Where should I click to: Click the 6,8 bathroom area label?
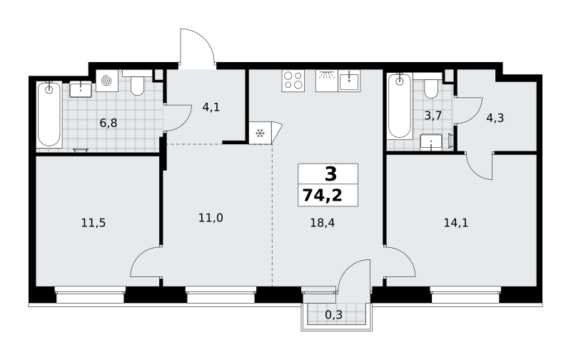point(108,123)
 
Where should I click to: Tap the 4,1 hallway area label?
point(211,107)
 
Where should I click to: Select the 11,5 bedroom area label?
point(94,223)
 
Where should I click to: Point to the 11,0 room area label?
point(211,218)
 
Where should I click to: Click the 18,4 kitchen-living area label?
point(323,223)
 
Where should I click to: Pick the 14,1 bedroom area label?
point(456,223)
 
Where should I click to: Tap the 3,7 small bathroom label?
point(433,116)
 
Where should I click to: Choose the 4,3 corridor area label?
point(495,118)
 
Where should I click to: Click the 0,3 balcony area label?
point(333,314)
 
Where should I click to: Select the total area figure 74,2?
point(323,196)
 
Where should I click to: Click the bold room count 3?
point(330,174)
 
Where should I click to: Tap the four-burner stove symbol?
point(293,81)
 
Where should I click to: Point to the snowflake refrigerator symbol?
point(260,133)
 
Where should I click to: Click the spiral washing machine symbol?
point(107,81)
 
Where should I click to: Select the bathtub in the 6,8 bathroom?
point(49,115)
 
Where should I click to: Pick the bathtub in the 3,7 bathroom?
point(400,106)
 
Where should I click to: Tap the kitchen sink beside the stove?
point(349,81)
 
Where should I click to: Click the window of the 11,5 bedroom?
point(91,294)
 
